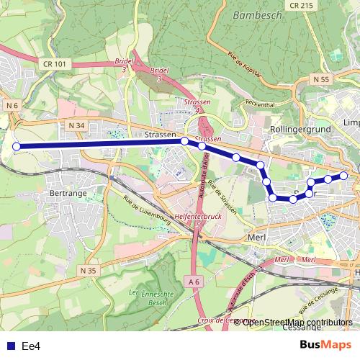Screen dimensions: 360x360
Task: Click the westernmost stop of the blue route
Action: tap(16, 147)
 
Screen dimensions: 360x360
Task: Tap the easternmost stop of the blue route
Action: tap(343, 176)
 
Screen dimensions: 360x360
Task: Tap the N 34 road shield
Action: tap(77, 126)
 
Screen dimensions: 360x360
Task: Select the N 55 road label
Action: tap(321, 79)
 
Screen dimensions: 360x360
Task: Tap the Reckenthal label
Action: tap(260, 104)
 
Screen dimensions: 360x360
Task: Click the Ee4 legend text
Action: tap(30, 346)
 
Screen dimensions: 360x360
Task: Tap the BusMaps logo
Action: tap(325, 345)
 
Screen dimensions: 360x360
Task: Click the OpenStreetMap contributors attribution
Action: tap(297, 322)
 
